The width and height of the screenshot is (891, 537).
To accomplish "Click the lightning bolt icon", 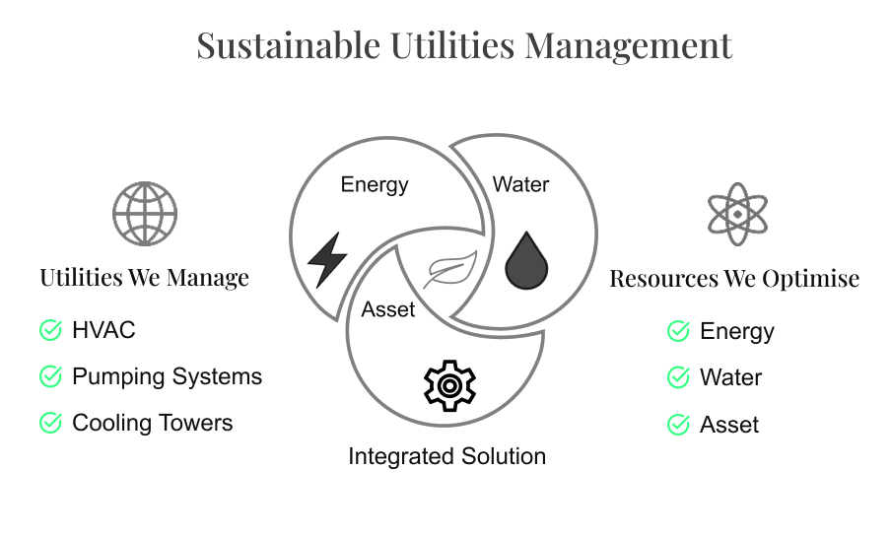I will pyautogui.click(x=327, y=260).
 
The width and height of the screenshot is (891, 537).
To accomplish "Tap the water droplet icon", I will pyautogui.click(x=526, y=262).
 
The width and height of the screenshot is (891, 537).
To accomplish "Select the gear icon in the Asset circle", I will pyautogui.click(x=448, y=385).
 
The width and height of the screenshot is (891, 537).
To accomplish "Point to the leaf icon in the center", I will pyautogui.click(x=449, y=268).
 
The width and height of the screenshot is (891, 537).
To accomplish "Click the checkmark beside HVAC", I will pyautogui.click(x=50, y=330).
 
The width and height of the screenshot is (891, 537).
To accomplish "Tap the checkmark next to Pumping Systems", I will pyautogui.click(x=50, y=376).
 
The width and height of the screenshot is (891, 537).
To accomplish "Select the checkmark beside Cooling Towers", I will pyautogui.click(x=50, y=423).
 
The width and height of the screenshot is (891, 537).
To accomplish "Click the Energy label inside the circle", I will pyautogui.click(x=375, y=184).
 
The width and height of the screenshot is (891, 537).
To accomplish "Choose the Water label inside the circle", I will pyautogui.click(x=520, y=184).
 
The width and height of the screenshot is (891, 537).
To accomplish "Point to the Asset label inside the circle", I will pyautogui.click(x=388, y=309).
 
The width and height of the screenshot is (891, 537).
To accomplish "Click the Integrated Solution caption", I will pyautogui.click(x=446, y=456).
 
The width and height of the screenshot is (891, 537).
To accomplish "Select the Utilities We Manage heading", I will pyautogui.click(x=145, y=277).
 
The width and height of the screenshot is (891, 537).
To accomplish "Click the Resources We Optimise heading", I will pyautogui.click(x=734, y=279).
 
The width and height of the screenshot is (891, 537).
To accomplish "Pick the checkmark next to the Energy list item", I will pyautogui.click(x=678, y=331).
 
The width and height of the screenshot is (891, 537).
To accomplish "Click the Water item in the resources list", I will pyautogui.click(x=730, y=377).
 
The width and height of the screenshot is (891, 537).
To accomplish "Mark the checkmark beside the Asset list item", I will pyautogui.click(x=678, y=425).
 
